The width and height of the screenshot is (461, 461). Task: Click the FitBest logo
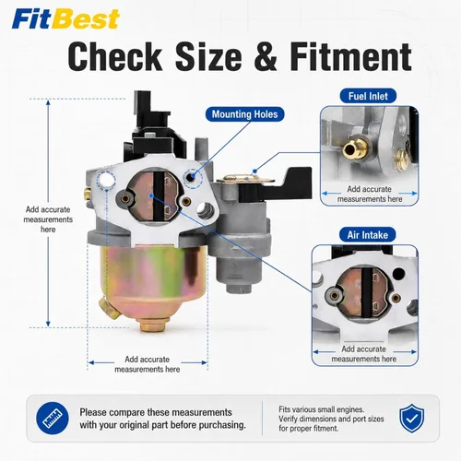tap(65, 18)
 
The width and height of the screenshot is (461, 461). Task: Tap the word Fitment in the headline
tap(351, 57)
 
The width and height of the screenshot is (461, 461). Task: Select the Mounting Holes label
tap(244, 114)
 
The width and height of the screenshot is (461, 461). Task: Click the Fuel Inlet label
tap(368, 96)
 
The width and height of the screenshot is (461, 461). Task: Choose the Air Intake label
tap(368, 235)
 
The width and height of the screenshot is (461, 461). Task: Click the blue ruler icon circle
tap(53, 419)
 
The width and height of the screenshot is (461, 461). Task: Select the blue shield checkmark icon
tap(412, 419)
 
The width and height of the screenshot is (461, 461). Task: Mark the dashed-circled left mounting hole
tap(106, 180)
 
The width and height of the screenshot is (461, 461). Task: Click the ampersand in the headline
tap(266, 57)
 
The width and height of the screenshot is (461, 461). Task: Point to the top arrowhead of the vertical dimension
tap(48, 102)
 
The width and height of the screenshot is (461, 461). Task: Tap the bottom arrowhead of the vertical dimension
tap(48, 324)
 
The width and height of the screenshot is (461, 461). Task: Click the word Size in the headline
tap(208, 57)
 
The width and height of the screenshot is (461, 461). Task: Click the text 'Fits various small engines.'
tap(322, 409)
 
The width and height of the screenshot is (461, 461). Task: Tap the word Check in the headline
tap(115, 57)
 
